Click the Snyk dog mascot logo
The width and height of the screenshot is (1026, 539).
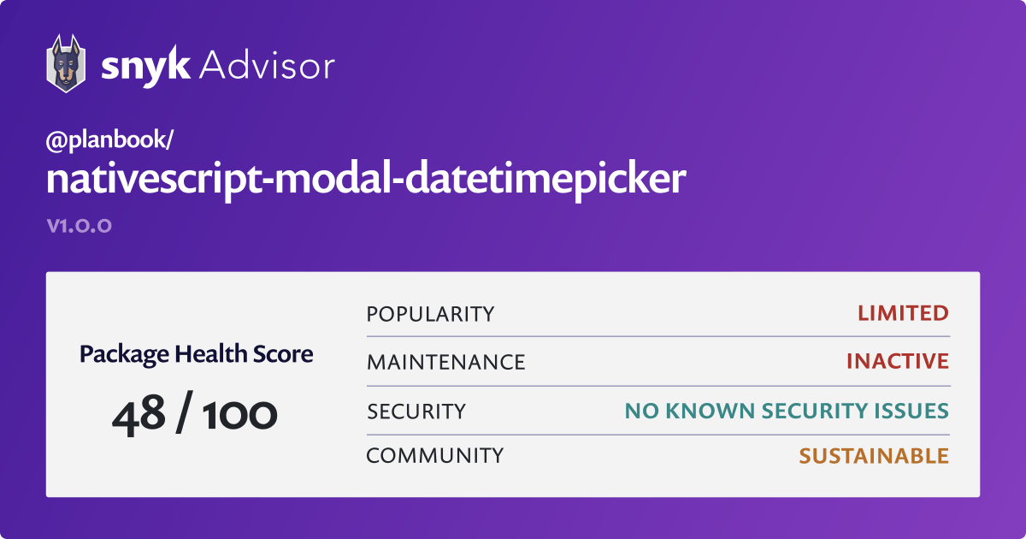tap(66, 63)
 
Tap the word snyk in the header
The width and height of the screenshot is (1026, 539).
tap(145, 67)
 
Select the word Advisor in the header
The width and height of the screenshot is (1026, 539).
tap(267, 66)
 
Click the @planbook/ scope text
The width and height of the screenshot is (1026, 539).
tap(109, 139)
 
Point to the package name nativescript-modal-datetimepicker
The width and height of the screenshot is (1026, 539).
tap(366, 179)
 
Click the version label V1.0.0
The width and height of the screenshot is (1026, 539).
tap(80, 226)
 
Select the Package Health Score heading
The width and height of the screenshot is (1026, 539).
tap(196, 354)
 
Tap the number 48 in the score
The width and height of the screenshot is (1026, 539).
tap(139, 415)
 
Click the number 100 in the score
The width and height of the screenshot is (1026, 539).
tap(239, 415)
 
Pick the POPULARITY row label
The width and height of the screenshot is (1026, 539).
tap(430, 315)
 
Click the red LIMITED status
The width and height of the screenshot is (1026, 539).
tap(903, 313)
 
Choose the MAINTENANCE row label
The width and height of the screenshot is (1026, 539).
tap(445, 363)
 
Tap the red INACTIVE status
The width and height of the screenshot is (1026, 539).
tap(898, 361)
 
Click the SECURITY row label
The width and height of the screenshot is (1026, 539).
tap(416, 412)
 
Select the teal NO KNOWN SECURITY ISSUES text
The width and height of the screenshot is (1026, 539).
tap(787, 412)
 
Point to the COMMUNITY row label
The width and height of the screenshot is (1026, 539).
tap(434, 456)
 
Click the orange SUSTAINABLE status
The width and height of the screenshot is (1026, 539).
tap(874, 456)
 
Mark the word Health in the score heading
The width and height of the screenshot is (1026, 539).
tap(210, 353)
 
